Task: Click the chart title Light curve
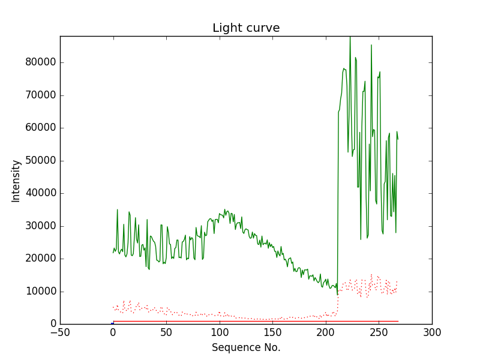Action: coord(246,28)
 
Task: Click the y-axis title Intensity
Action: coord(16,180)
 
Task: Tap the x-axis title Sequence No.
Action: coord(246,347)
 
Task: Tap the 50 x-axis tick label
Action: coord(166,332)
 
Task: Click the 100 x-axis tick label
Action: coord(220,332)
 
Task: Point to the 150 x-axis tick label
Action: coord(272,332)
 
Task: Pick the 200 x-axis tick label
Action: coord(326,332)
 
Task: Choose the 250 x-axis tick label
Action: coord(379,332)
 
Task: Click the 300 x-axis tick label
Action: coord(432,332)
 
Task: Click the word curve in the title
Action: coord(262,28)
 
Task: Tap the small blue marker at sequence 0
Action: coord(112,323)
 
